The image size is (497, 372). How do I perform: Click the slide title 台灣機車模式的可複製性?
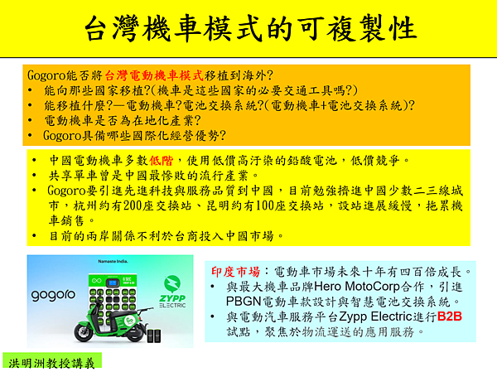click(250, 28)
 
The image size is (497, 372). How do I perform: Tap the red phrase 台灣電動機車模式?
click(154, 75)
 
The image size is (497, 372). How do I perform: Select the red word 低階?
click(162, 161)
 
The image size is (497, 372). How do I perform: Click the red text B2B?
click(450, 316)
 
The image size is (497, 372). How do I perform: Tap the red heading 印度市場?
click(235, 272)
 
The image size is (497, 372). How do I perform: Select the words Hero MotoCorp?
click(357, 287)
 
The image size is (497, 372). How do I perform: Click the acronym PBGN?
click(244, 302)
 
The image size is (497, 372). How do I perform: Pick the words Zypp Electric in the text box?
click(375, 316)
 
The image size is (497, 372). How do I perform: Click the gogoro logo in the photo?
click(53, 295)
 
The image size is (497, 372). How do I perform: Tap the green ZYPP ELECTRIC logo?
click(173, 292)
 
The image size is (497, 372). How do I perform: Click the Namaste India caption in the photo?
click(113, 261)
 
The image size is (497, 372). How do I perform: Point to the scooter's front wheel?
click(84, 332)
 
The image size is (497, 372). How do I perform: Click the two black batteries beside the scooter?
click(154, 336)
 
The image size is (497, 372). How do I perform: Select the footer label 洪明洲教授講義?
click(51, 364)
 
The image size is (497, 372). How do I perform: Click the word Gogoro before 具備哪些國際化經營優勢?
click(62, 136)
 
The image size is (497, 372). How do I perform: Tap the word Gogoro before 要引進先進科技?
click(66, 191)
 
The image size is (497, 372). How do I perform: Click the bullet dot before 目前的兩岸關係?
click(34, 236)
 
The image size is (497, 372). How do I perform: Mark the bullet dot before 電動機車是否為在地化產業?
click(30, 120)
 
